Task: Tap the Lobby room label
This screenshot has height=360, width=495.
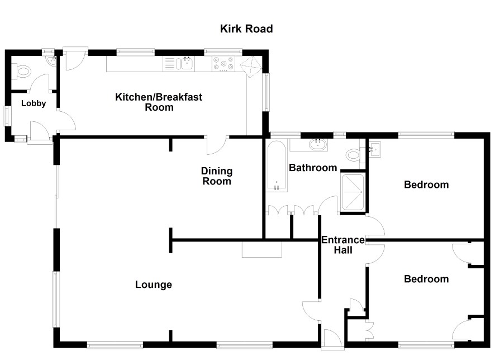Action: [34, 103]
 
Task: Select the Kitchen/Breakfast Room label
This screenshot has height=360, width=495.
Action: [159, 102]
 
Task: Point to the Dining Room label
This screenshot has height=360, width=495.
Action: [217, 176]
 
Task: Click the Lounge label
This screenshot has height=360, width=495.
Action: [154, 285]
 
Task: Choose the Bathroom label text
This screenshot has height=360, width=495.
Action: [313, 168]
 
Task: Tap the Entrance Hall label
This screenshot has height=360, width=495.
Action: [343, 245]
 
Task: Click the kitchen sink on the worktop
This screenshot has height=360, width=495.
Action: [187, 64]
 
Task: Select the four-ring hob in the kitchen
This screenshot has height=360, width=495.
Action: [223, 65]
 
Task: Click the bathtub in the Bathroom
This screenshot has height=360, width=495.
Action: [277, 167]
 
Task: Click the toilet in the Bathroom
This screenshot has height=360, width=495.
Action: [353, 154]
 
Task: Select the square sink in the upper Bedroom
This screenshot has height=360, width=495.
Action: [375, 150]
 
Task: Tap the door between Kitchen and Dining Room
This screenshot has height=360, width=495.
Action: [216, 145]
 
